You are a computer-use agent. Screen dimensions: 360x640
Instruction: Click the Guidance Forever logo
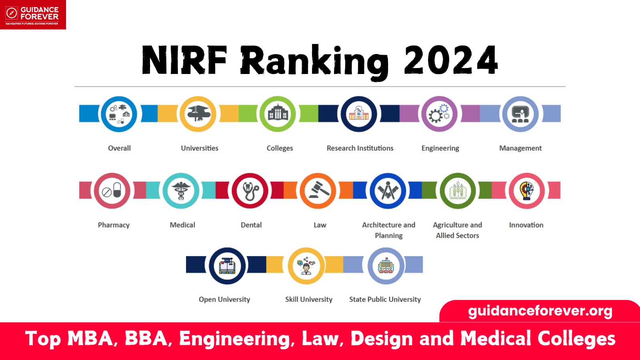(x=33, y=15)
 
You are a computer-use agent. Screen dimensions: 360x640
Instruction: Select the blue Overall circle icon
(x=119, y=114)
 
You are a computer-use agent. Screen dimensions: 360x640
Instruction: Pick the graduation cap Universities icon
(x=198, y=114)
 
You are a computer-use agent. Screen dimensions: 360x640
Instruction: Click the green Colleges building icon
(x=278, y=114)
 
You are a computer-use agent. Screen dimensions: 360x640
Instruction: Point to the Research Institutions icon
(x=359, y=114)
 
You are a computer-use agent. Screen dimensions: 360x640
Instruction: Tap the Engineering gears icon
(x=439, y=114)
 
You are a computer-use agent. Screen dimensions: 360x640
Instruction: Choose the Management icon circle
(x=520, y=114)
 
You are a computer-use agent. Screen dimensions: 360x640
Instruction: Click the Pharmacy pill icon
(x=112, y=191)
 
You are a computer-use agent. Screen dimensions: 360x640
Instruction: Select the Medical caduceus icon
(x=181, y=191)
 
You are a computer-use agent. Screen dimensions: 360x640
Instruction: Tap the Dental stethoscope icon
(x=250, y=191)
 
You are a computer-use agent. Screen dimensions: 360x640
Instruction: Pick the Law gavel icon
(x=318, y=191)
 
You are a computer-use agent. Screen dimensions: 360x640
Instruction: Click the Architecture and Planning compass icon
(x=388, y=191)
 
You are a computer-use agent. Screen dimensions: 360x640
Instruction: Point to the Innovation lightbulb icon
(x=527, y=191)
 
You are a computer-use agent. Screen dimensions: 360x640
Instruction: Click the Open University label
(x=224, y=299)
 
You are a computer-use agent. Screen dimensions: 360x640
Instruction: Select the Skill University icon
(x=306, y=266)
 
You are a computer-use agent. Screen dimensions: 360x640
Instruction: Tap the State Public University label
(x=385, y=299)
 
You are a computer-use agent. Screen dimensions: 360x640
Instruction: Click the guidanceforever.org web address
(x=540, y=311)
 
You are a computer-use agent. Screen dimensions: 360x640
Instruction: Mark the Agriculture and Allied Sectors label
(x=458, y=230)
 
